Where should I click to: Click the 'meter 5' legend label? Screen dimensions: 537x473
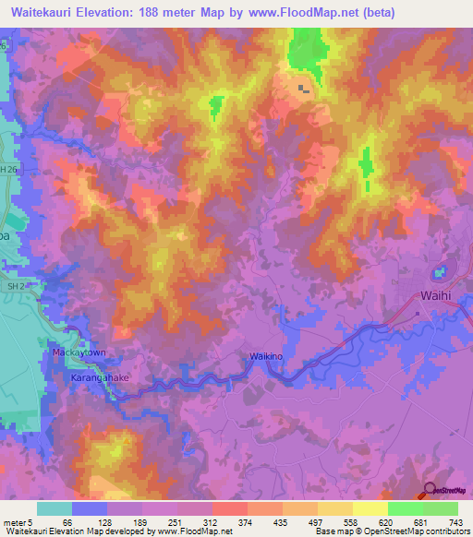click(18, 522)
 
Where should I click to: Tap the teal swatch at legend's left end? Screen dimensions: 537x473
click(55, 508)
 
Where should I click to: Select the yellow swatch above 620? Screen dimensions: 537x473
click(370, 508)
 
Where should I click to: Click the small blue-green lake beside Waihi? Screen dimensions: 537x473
click(439, 274)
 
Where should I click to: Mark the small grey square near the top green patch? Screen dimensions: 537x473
click(302, 89)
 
